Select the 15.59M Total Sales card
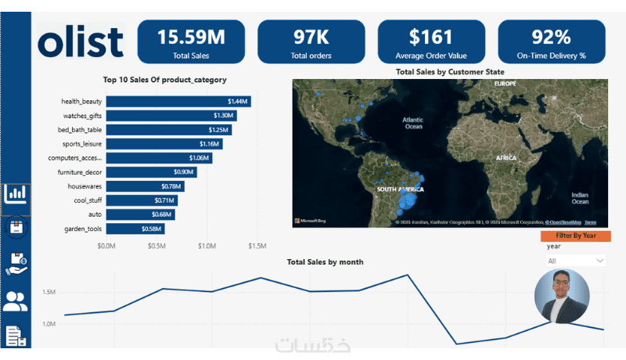pos(191,41)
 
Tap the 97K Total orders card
pos(311,41)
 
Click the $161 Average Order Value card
pos(431,41)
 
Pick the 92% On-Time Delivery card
pos(551,41)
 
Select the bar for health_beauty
pos(178,101)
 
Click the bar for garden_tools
pos(135,229)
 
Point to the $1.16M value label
pos(208,144)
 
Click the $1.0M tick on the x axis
pos(207,246)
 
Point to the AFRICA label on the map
pos(505,158)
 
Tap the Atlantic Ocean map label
pos(412,123)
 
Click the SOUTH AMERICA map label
pos(400,189)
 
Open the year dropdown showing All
pos(577,261)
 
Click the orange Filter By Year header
pos(576,235)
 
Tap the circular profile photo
pos(561,297)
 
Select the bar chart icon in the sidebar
pos(16,194)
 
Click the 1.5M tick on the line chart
pos(49,293)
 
